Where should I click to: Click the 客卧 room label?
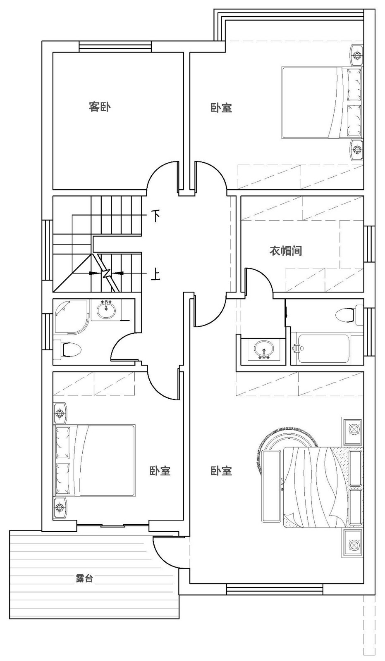[x=100, y=107]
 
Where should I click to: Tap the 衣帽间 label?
[x=285, y=251]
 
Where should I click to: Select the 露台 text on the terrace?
[x=84, y=579]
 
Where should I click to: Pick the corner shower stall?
[x=71, y=317]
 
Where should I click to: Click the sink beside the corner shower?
[x=106, y=310]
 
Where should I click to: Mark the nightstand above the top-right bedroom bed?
[x=356, y=55]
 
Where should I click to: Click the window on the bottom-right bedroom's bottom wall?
[x=275, y=589]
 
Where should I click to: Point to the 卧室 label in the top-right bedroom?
[x=221, y=108]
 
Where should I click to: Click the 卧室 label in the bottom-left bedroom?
[x=160, y=471]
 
